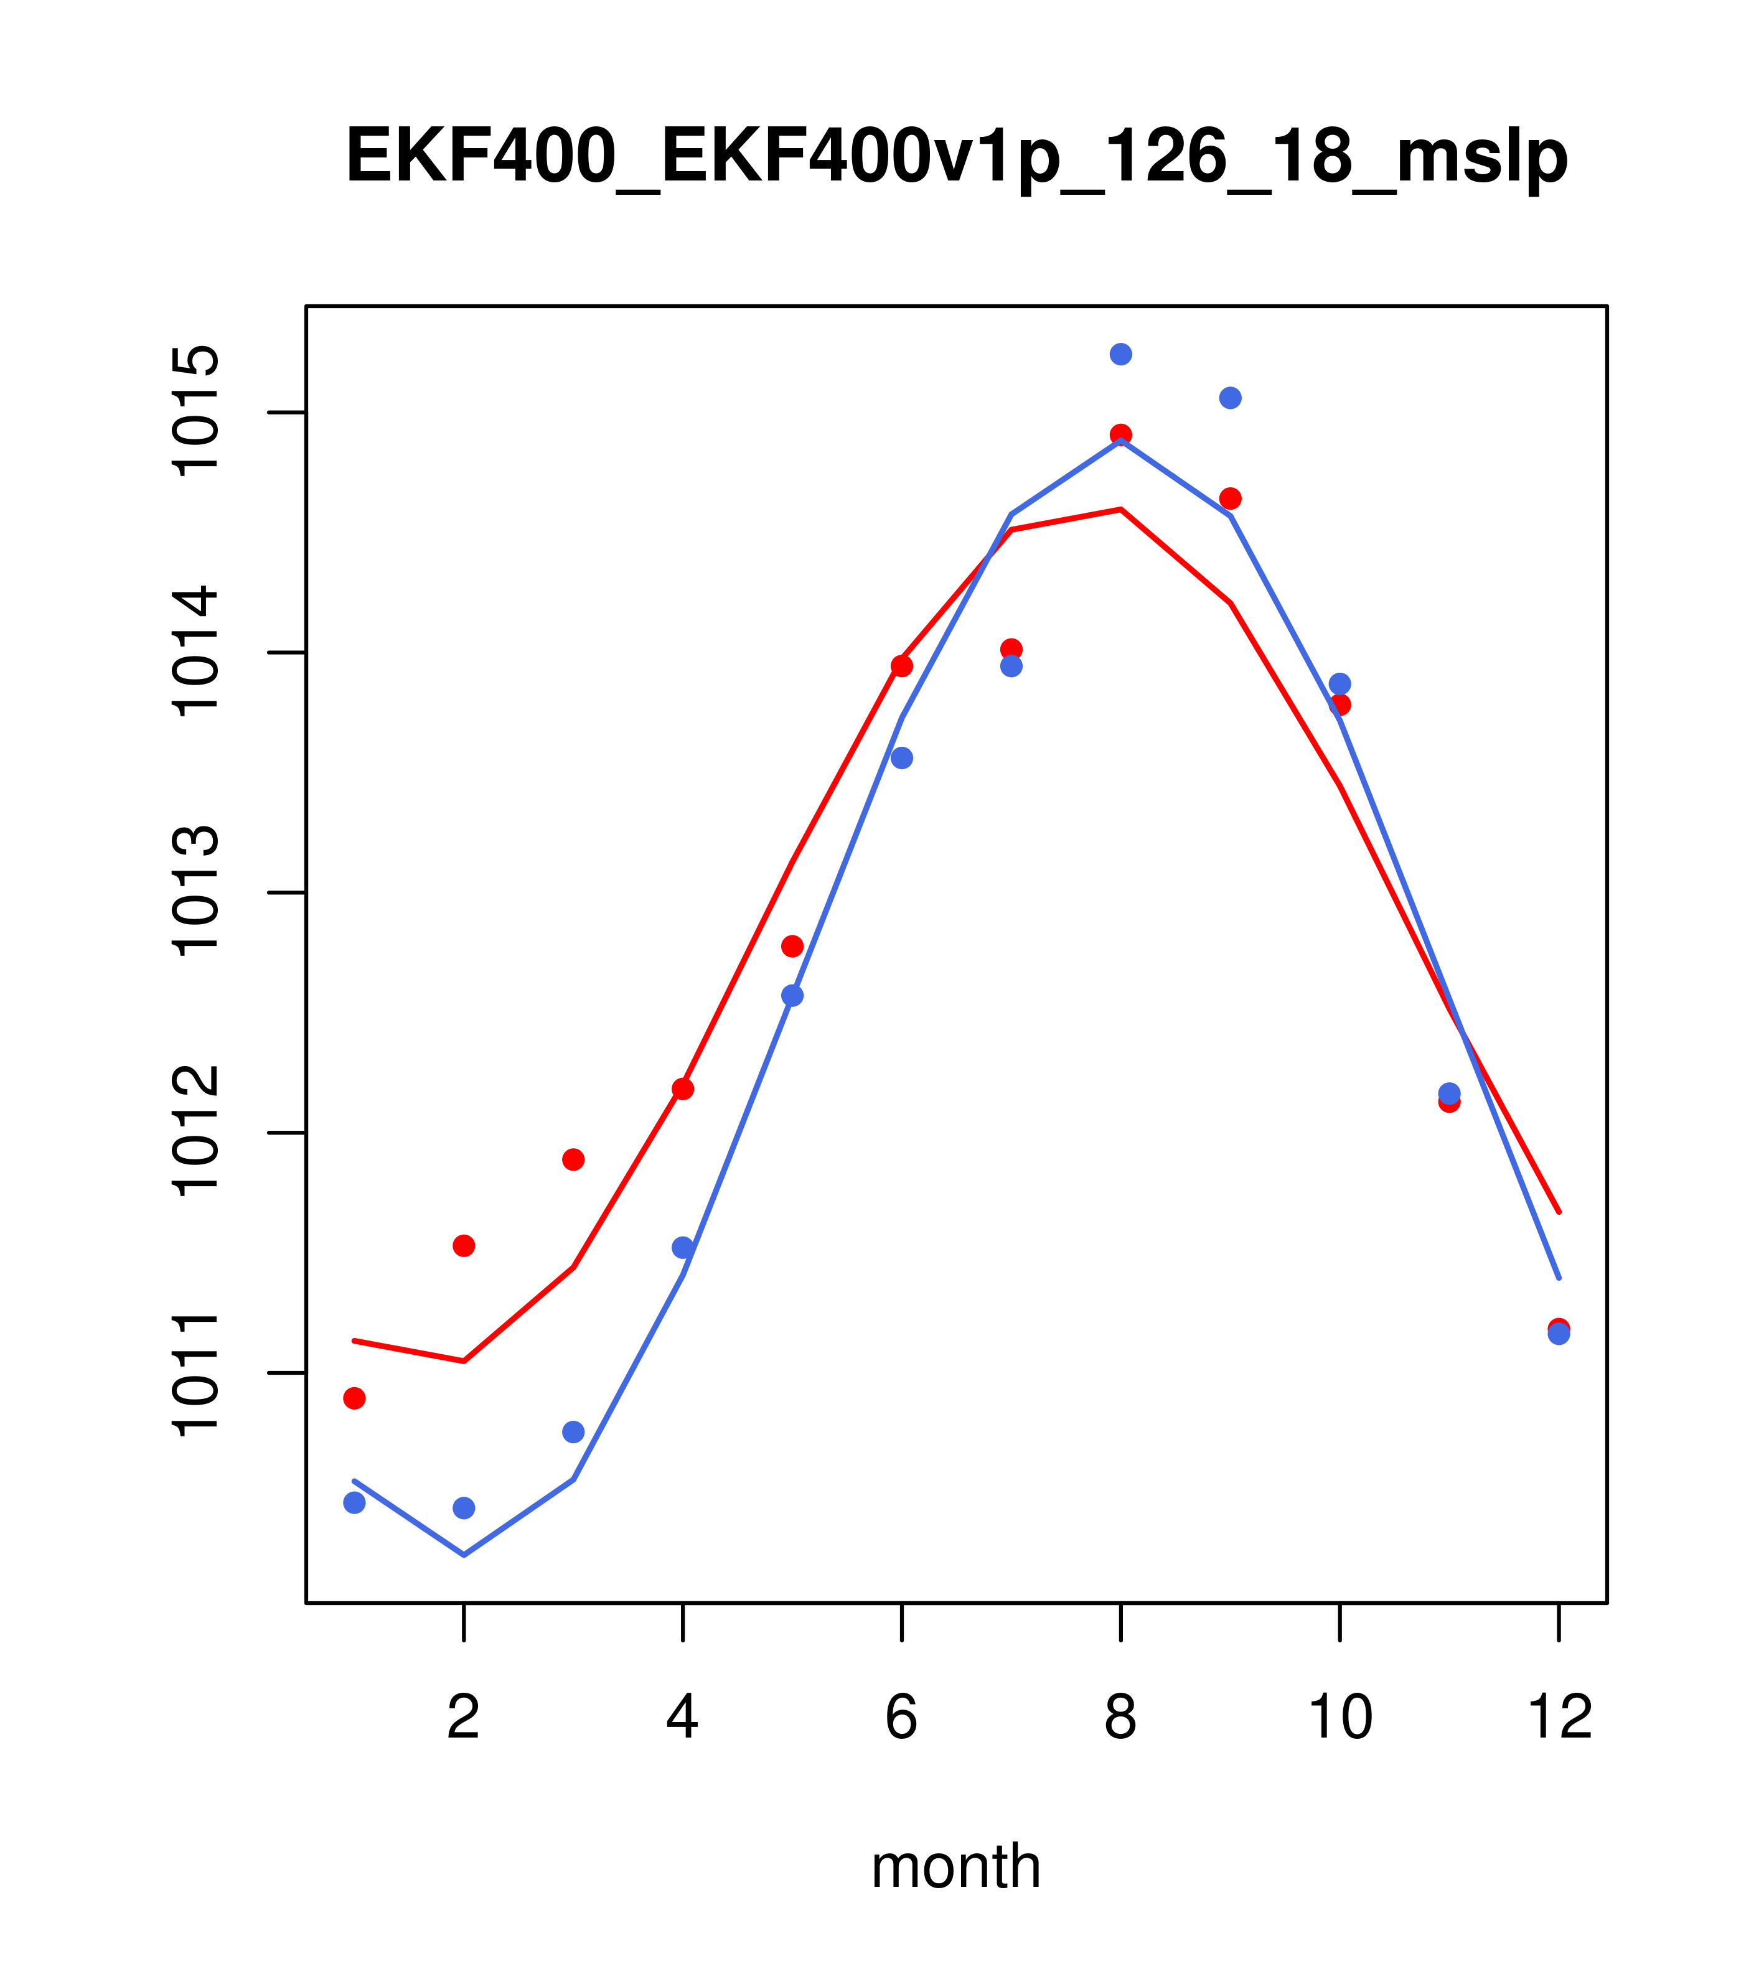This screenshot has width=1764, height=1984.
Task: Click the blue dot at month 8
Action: click(1120, 354)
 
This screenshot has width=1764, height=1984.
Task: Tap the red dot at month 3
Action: click(574, 1160)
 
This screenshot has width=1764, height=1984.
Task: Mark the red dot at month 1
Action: click(354, 1398)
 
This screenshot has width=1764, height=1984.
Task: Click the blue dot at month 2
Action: click(464, 1507)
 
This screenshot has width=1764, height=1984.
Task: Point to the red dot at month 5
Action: click(792, 947)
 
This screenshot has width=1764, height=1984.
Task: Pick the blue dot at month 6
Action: click(902, 758)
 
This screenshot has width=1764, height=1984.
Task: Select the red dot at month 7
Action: click(1011, 649)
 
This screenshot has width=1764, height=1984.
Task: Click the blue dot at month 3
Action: click(574, 1432)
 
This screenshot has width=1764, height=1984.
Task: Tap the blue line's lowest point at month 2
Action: click(464, 1555)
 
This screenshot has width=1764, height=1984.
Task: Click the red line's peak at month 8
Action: click(1120, 508)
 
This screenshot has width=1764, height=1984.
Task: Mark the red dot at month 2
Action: click(464, 1245)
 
